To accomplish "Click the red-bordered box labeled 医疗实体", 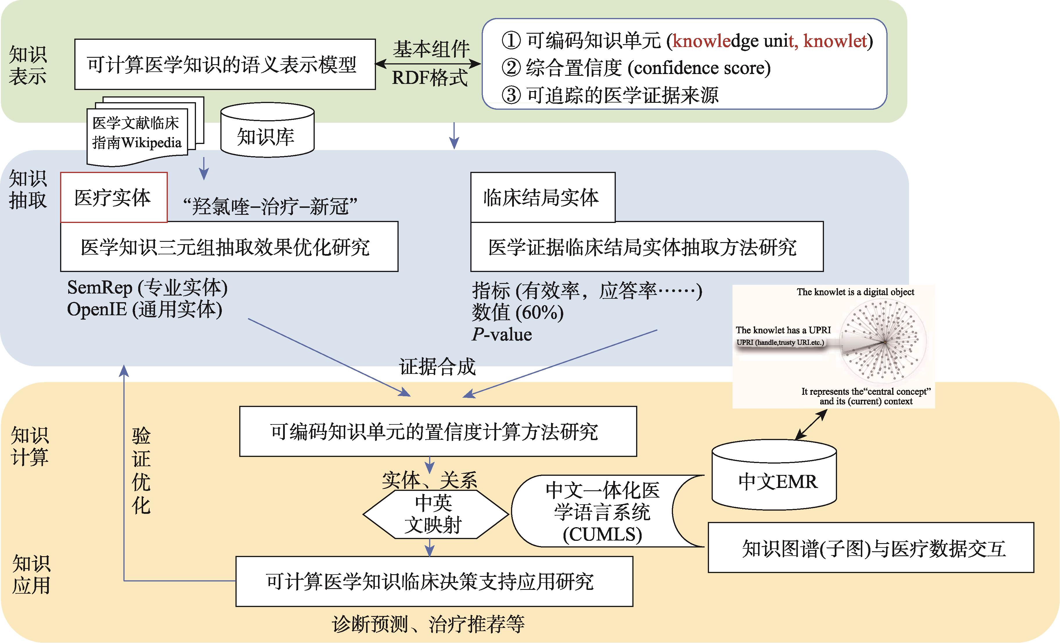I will tap(114, 197).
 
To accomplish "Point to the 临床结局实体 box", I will tap(542, 197).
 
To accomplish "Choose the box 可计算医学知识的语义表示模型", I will tap(224, 64).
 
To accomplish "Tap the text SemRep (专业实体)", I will tap(147, 288).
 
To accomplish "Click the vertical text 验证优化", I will tap(141, 471).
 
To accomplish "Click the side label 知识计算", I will tap(29, 446).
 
